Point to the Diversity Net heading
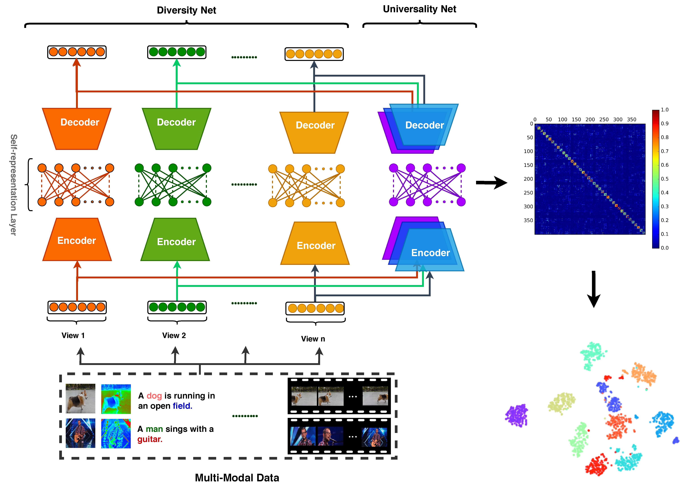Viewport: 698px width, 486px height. point(186,10)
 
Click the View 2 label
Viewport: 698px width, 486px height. point(174,336)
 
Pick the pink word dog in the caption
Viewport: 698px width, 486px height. point(154,396)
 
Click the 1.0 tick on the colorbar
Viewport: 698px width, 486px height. point(665,110)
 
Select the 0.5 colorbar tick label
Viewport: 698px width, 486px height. point(665,179)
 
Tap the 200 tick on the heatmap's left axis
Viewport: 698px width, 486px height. point(528,179)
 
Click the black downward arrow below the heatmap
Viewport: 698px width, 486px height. point(593,289)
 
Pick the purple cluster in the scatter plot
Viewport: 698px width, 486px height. point(516,415)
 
